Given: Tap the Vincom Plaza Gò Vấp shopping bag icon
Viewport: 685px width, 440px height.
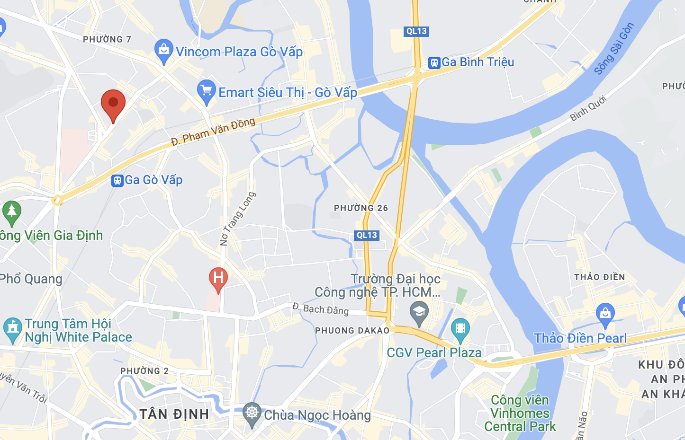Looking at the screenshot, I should (x=163, y=50).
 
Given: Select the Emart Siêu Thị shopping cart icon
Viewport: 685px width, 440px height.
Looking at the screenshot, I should (x=207, y=91).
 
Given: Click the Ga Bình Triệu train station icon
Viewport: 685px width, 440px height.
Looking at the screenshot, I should (x=434, y=62).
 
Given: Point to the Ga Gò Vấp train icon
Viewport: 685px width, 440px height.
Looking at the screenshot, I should (x=117, y=180).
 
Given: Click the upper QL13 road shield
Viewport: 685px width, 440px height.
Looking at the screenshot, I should (x=417, y=31).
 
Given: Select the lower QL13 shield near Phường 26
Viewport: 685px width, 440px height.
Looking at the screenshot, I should (x=367, y=235).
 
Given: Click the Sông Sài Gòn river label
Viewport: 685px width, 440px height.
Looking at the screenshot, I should (x=614, y=48).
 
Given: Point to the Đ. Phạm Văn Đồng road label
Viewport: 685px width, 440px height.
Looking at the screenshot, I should (x=213, y=132).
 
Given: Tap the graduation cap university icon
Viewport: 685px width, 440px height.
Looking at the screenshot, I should (x=419, y=312).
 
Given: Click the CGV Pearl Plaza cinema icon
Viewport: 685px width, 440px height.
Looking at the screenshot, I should (x=460, y=328).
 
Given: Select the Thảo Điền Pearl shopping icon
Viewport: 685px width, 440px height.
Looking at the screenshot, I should (x=605, y=314).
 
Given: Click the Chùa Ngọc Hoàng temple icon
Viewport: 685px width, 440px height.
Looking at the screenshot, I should (x=252, y=413).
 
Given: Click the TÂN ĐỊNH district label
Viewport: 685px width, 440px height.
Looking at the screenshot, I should (x=174, y=414).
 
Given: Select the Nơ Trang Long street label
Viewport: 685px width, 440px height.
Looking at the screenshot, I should (x=238, y=219).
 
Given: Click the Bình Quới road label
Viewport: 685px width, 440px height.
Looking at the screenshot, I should (x=588, y=108).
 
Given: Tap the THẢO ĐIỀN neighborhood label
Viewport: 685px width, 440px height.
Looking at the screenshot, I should (x=599, y=277).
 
